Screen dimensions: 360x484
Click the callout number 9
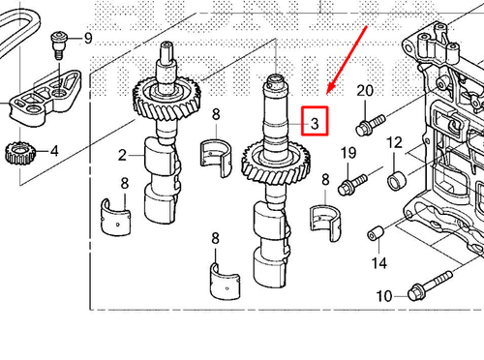coord(88,39)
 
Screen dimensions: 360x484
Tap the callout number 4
coord(54,151)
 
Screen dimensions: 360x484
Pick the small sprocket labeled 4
coord(19,152)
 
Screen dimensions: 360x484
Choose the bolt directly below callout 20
coord(368,125)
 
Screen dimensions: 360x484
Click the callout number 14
coord(378,263)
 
